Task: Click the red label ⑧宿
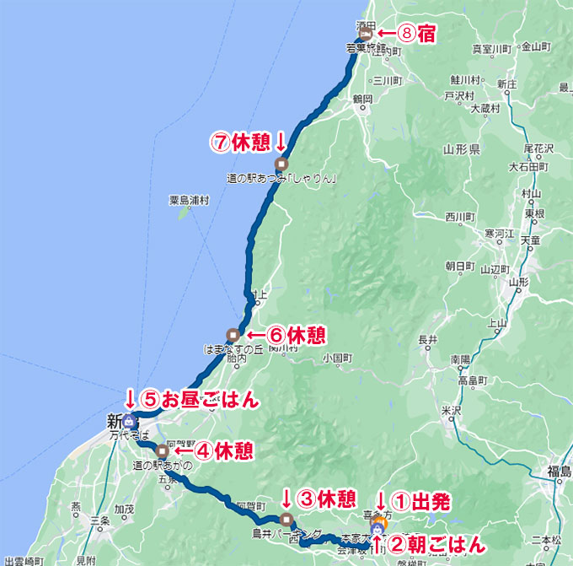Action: [410, 34]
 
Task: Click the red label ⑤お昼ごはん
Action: [201, 398]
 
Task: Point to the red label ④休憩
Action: [222, 450]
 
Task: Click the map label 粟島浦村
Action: [188, 201]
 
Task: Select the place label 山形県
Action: [461, 149]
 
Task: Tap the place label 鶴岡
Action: [362, 100]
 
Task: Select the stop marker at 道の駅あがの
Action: [162, 450]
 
